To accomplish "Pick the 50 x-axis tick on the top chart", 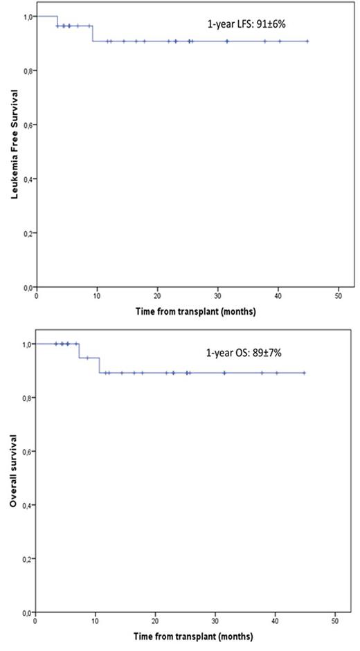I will (339, 295).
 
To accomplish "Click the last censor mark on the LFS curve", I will (307, 41).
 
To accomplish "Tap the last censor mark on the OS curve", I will (305, 373).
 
